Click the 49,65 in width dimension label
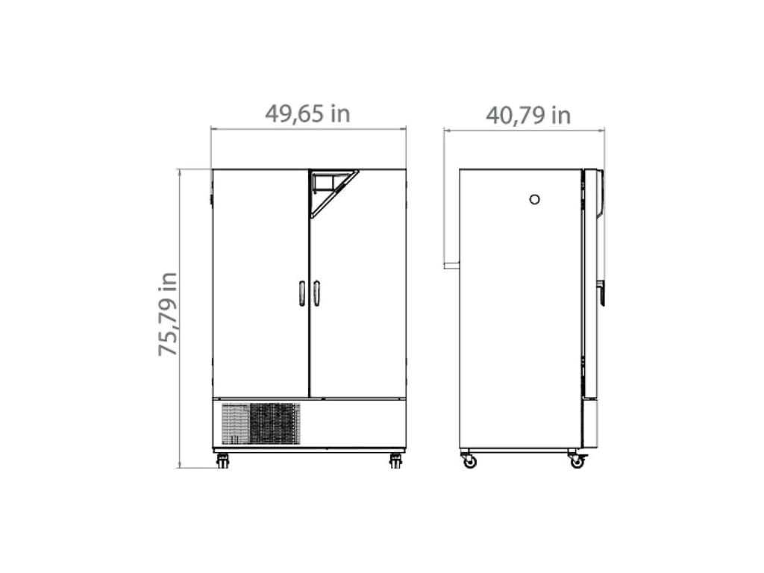307,113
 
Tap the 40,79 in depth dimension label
528,116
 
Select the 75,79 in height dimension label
168,314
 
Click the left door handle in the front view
301,293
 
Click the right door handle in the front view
316,293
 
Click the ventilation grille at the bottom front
261,424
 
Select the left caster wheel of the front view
222,461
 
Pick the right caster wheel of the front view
395,461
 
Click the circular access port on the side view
534,199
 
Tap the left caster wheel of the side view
469,461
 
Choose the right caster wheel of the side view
577,461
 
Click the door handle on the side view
601,293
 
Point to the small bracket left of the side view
451,265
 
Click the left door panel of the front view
260,284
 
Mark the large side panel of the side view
520,313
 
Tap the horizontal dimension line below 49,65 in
308,129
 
